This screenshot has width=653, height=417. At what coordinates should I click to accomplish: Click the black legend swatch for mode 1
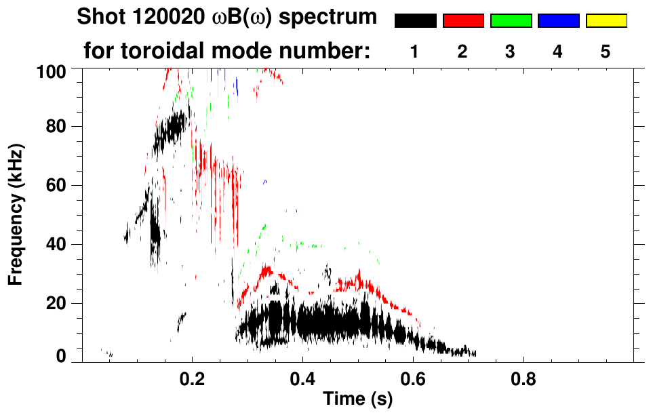click(415, 21)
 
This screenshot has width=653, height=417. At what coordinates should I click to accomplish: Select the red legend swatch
click(463, 21)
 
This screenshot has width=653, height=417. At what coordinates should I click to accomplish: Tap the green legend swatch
click(511, 21)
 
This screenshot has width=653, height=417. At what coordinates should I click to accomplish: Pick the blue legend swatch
click(558, 21)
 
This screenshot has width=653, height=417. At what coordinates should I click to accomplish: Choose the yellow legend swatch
click(606, 21)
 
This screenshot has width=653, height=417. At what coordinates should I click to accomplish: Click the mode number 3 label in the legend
click(510, 52)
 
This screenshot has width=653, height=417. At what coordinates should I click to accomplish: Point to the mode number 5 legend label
click(606, 52)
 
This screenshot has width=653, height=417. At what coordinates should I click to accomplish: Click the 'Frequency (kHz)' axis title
click(16, 214)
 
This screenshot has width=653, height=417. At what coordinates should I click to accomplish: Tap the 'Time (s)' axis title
click(357, 400)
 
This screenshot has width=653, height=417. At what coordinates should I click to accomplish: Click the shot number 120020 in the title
click(165, 17)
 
